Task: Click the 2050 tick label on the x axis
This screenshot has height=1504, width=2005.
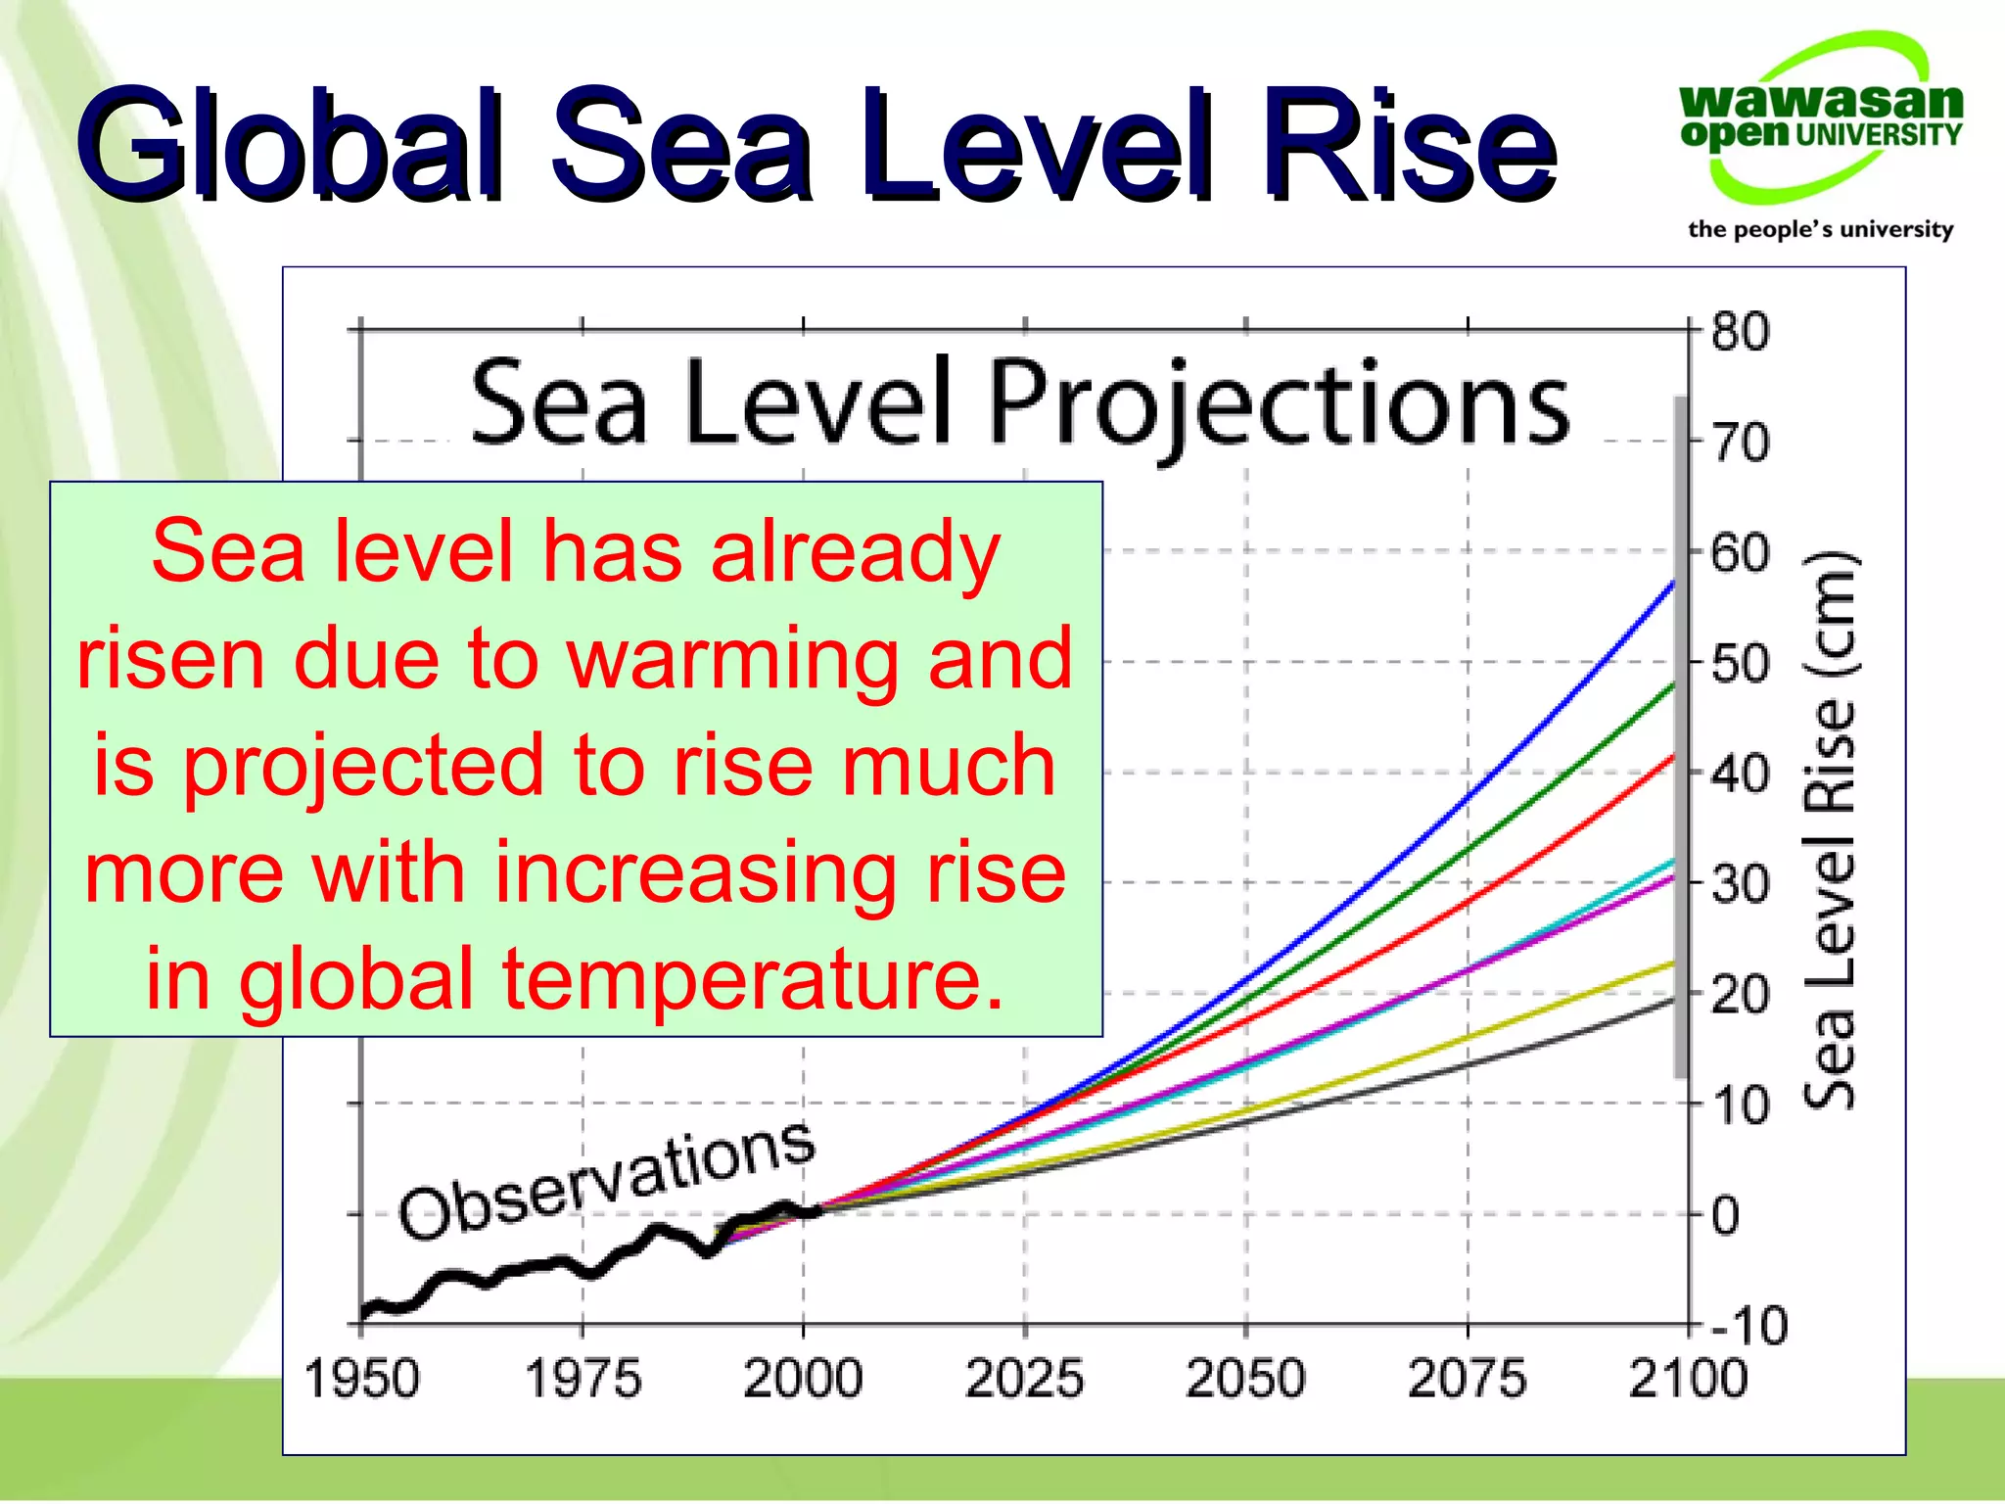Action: [1244, 1379]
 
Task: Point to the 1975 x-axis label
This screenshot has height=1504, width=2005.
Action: [583, 1379]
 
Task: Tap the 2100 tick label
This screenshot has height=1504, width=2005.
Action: [1687, 1379]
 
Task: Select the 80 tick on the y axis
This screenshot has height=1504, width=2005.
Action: [1740, 332]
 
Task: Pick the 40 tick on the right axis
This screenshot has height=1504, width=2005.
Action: [1740, 775]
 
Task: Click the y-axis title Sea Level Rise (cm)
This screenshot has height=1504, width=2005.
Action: [1830, 830]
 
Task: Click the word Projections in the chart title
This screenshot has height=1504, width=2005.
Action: [1278, 402]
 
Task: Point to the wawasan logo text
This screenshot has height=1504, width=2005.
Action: [1820, 99]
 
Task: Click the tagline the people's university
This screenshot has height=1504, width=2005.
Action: [1820, 229]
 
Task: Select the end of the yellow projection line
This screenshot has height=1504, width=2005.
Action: [1672, 963]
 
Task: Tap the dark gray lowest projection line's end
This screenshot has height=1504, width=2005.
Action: [1672, 1000]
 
